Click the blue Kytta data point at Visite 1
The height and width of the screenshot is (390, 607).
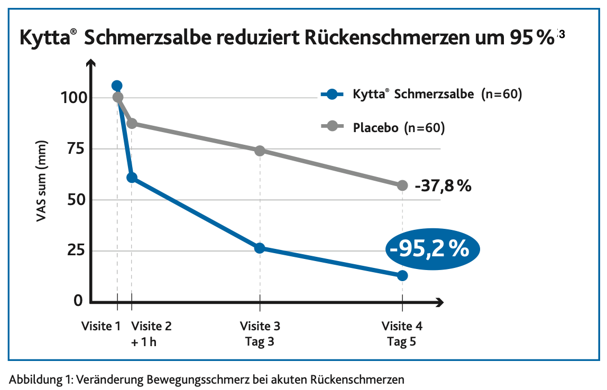(117, 86)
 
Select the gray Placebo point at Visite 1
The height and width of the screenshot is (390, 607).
(118, 97)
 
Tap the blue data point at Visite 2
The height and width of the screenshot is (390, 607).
(132, 178)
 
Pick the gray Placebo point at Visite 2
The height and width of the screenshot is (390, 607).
(132, 123)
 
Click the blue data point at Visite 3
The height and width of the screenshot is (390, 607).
(260, 248)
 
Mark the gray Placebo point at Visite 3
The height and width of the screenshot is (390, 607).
(260, 151)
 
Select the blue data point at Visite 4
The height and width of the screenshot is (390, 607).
(402, 275)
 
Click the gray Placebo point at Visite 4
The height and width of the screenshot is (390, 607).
(402, 185)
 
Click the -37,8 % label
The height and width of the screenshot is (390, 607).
(443, 186)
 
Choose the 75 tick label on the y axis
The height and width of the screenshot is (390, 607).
(75, 149)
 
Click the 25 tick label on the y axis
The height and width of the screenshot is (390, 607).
(75, 250)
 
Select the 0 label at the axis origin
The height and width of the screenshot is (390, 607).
(78, 300)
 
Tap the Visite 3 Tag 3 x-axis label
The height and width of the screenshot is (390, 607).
(260, 333)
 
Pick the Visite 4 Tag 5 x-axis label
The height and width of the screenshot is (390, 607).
(402, 333)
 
